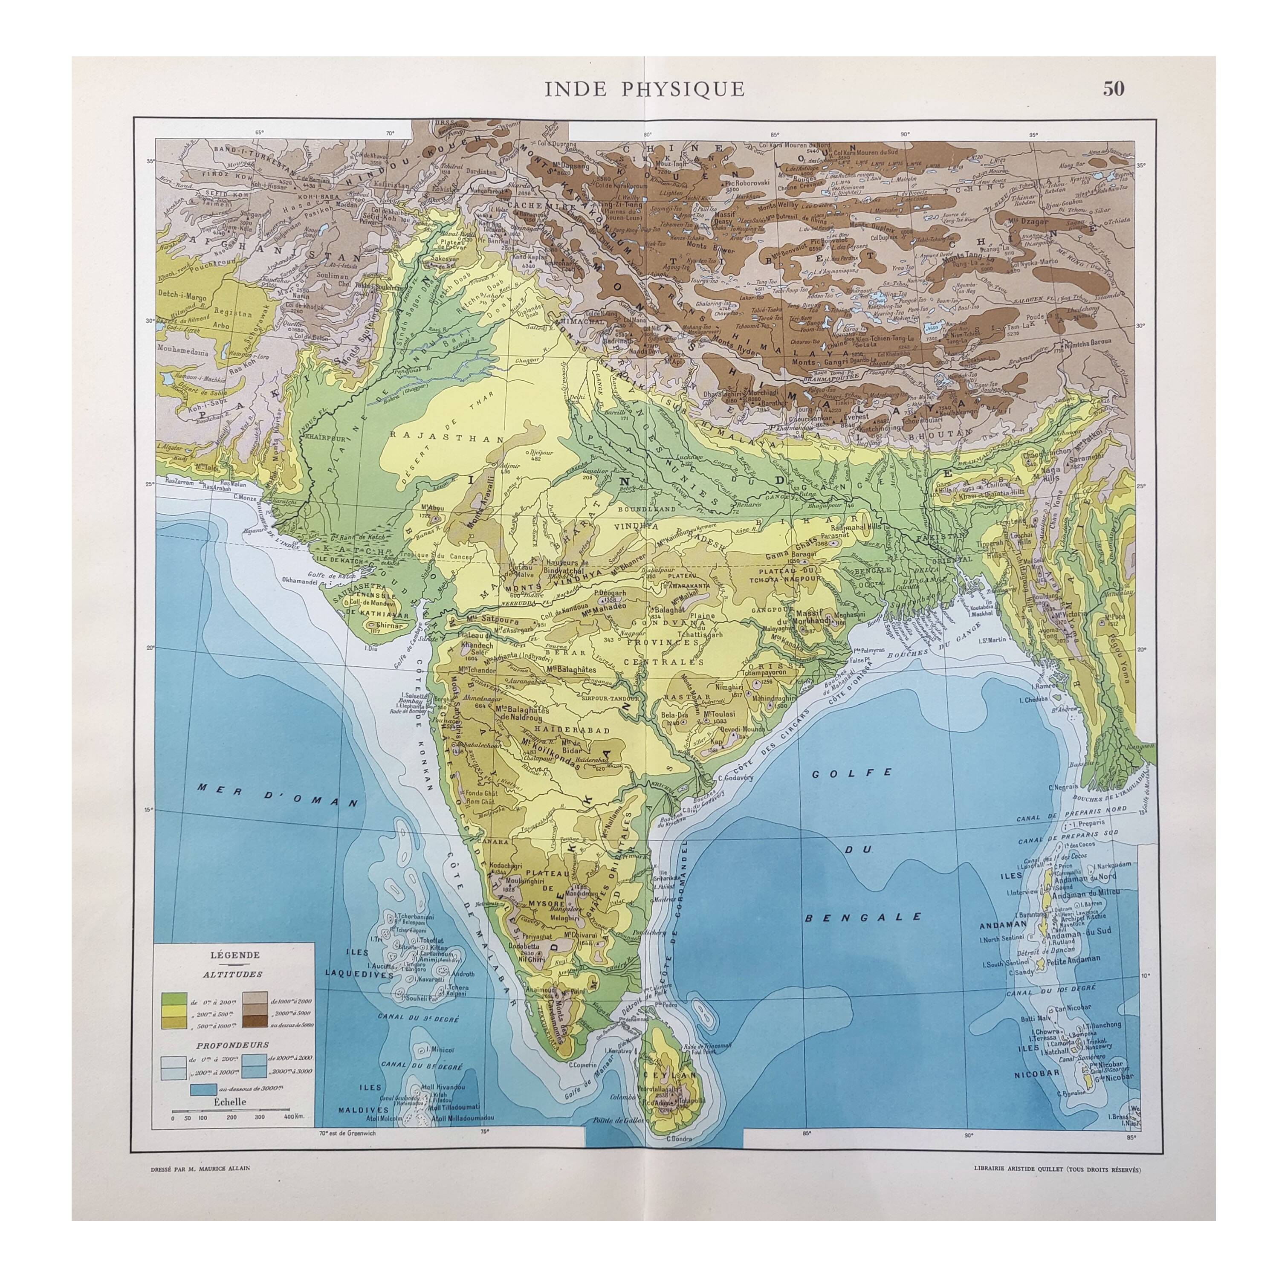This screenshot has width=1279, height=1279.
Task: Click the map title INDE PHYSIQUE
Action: [x=644, y=89]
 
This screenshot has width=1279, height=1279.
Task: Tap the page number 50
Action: [x=1113, y=89]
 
